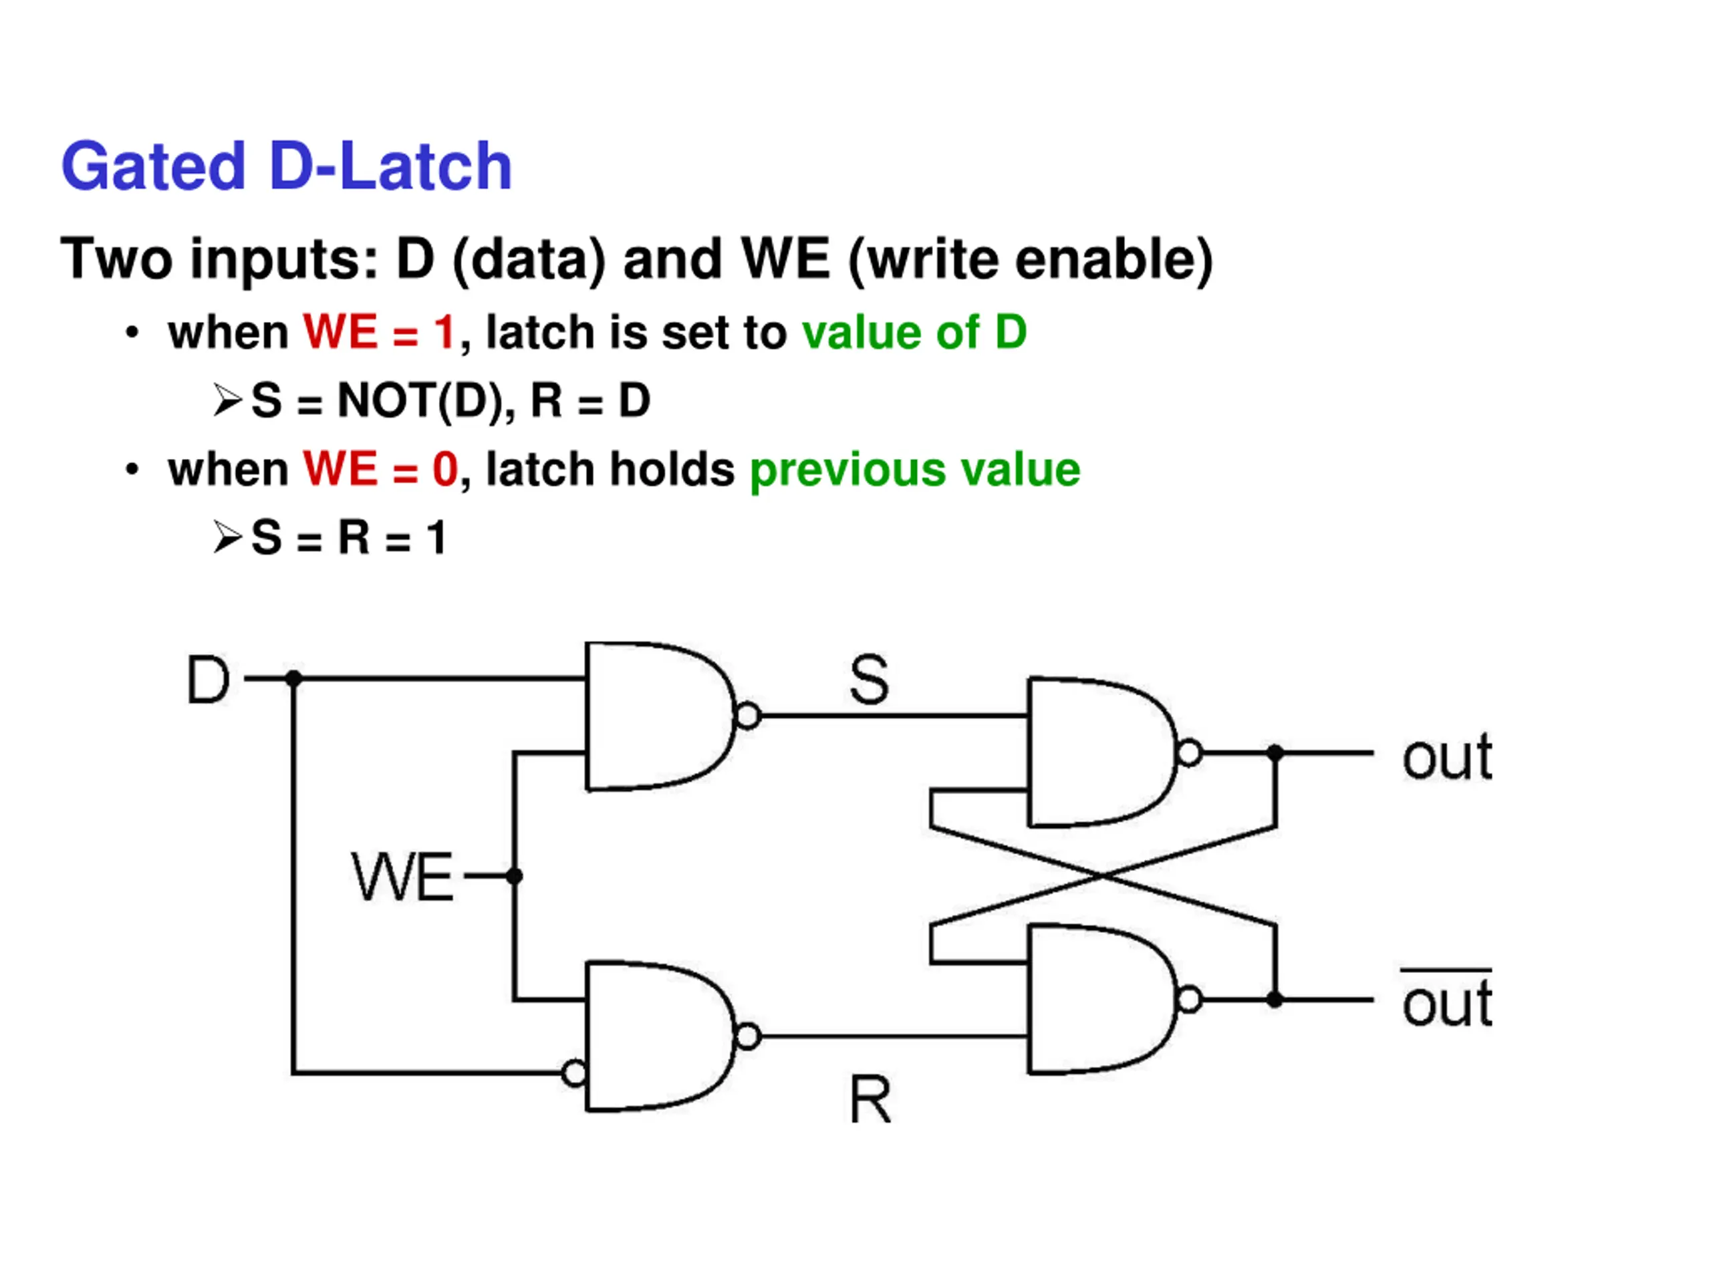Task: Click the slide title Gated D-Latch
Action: click(x=286, y=166)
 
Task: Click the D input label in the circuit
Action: click(x=209, y=679)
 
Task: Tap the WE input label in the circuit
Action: click(x=402, y=876)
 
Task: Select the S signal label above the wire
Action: click(x=869, y=679)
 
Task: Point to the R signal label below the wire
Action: click(x=870, y=1099)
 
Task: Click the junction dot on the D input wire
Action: click(x=293, y=679)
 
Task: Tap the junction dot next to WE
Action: click(x=515, y=876)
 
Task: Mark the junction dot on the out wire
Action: click(x=1275, y=752)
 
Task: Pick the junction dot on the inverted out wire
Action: click(x=1275, y=1000)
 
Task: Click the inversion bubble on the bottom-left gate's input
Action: click(x=575, y=1073)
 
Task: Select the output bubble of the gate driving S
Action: click(x=748, y=716)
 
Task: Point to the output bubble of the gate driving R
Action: click(x=748, y=1036)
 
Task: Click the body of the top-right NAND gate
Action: click(x=1098, y=752)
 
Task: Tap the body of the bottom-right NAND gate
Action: click(x=1098, y=1000)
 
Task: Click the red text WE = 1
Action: click(x=379, y=333)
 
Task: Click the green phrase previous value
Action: click(x=915, y=470)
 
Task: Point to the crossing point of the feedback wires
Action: click(x=1103, y=876)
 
